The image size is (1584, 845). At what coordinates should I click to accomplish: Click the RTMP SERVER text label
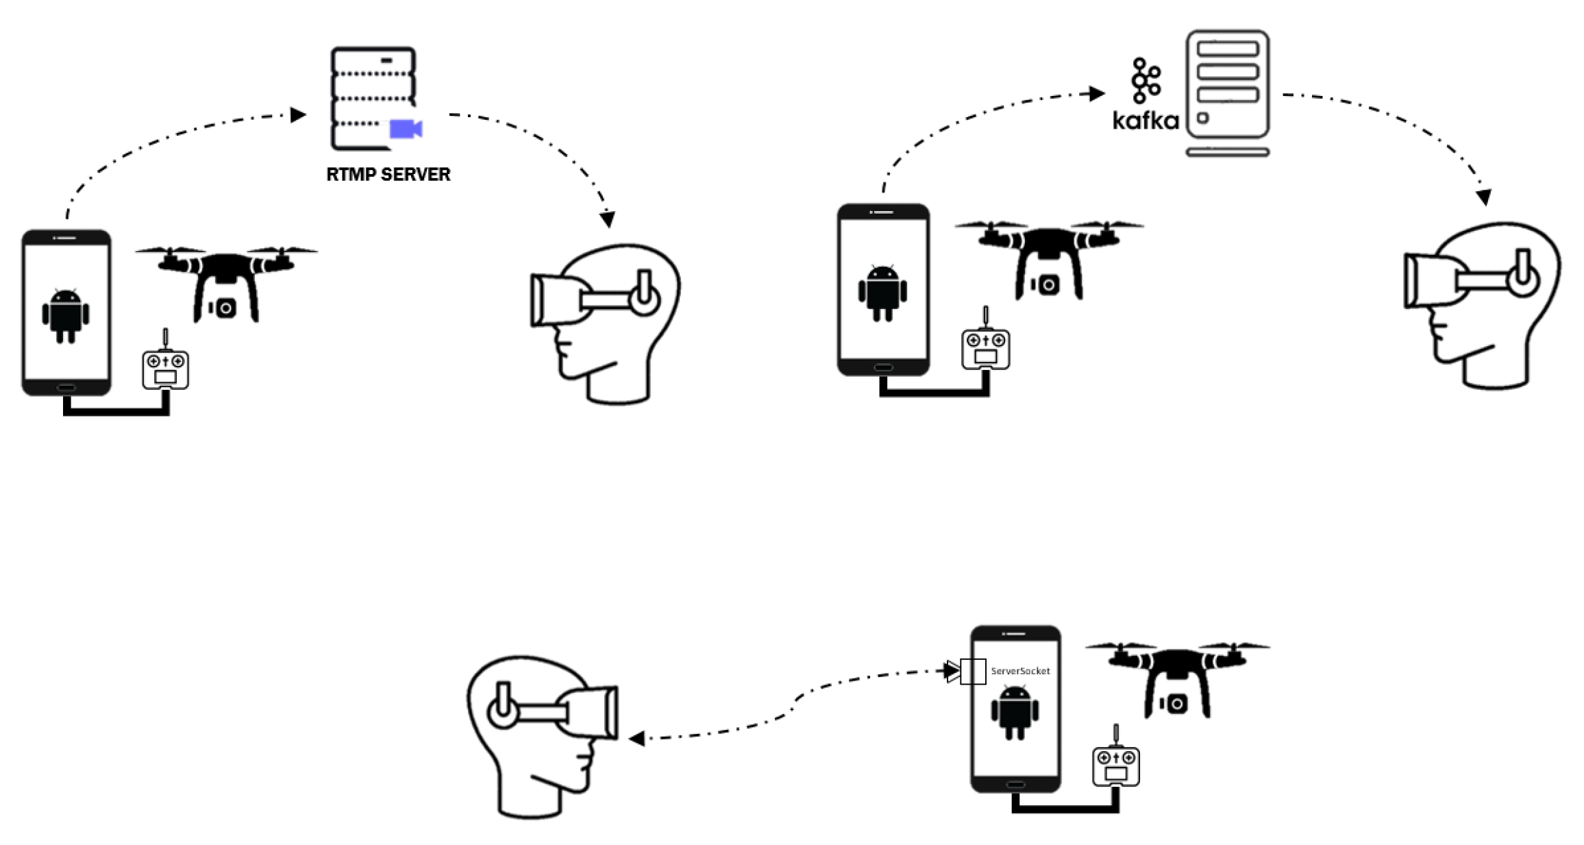click(x=388, y=175)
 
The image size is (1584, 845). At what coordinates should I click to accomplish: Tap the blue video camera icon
click(x=405, y=129)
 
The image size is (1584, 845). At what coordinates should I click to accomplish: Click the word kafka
click(x=1145, y=121)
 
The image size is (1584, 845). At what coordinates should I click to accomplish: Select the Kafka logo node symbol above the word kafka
click(x=1146, y=80)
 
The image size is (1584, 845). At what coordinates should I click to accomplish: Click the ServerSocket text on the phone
click(x=1019, y=671)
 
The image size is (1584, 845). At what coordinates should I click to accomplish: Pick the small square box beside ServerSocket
click(x=973, y=671)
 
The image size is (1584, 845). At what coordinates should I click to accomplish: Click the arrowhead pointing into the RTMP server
click(x=298, y=114)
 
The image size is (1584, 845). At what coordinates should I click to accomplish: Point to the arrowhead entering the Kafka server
click(x=1097, y=93)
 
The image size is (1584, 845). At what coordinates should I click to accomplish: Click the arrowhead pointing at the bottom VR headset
click(x=636, y=738)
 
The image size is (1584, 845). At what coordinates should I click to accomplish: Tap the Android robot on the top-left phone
click(x=65, y=315)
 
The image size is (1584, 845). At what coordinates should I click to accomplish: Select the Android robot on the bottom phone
click(x=1015, y=713)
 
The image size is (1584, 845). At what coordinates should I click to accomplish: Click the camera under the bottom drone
click(x=1177, y=703)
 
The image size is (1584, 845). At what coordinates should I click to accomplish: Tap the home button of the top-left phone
click(x=66, y=387)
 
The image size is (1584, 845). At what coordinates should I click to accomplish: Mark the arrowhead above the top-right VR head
click(x=1484, y=197)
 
